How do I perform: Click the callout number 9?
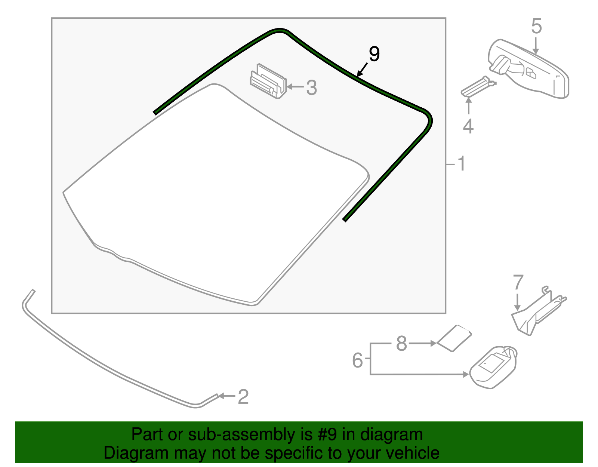[374, 54]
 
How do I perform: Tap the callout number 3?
[311, 88]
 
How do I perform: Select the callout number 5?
[536, 27]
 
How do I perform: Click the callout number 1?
[462, 164]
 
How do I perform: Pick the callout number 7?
[518, 283]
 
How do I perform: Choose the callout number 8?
[401, 343]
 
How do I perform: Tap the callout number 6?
[357, 360]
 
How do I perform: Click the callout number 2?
[243, 397]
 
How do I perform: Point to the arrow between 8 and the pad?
[422, 343]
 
